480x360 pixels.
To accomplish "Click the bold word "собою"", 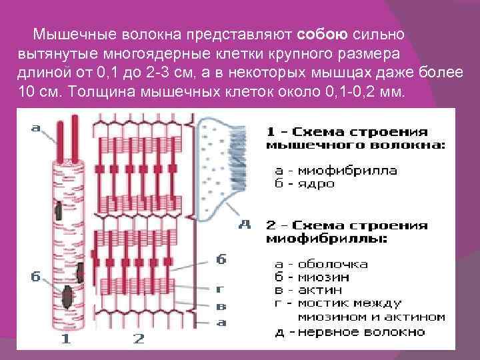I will pos(319,33).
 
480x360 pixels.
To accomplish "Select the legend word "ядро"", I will pos(319,183).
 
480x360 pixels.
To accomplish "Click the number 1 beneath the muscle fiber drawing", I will pos(65,339).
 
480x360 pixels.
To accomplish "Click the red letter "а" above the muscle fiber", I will pos(35,127).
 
